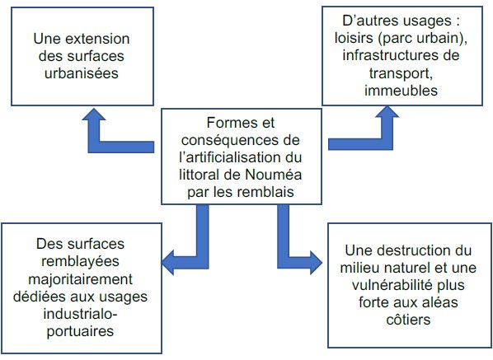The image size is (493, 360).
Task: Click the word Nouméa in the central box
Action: pos(273,175)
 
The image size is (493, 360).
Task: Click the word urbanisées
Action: pos(82,73)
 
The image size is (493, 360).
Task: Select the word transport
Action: pos(400,73)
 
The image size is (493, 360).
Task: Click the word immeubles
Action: pos(401,90)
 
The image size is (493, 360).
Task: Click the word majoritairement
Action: pos(81,279)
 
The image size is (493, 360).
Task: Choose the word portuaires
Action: pos(80,331)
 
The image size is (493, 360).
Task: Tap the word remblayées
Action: pos(80,261)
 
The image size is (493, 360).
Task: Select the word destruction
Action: pos(412,250)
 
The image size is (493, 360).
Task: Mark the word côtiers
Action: pos(408,320)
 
